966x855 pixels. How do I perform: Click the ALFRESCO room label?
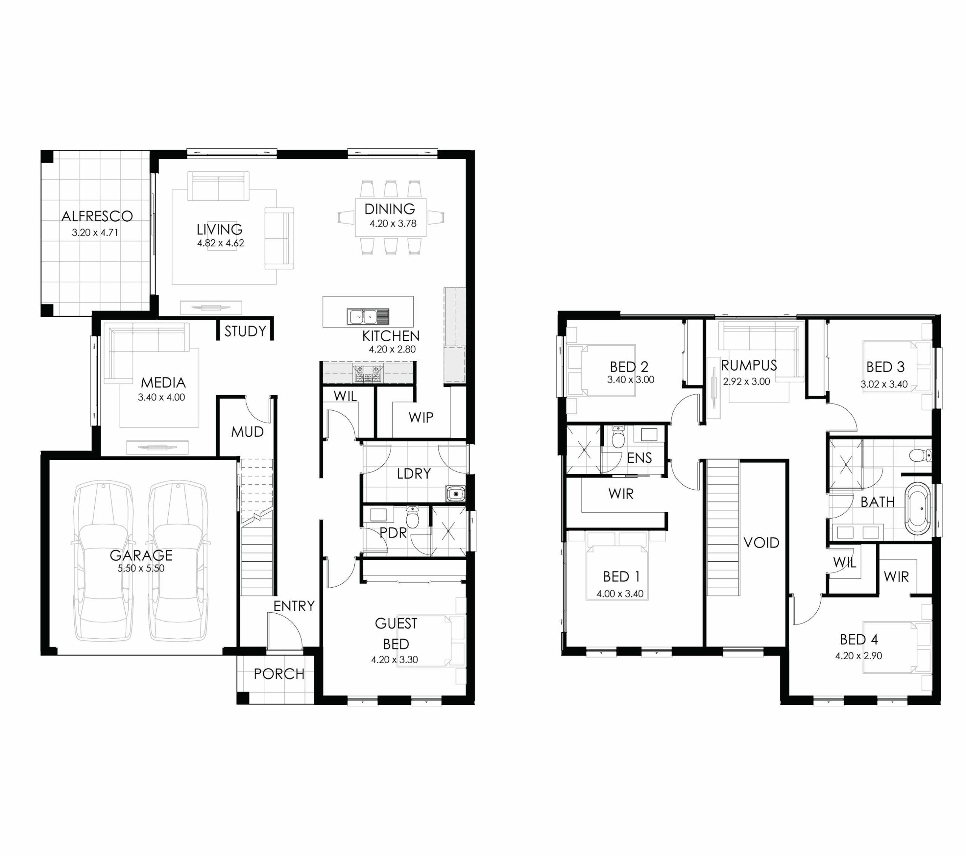coord(97,217)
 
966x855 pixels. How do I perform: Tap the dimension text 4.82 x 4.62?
coord(221,243)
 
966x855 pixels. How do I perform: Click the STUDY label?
coord(245,331)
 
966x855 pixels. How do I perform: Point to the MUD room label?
coord(247,432)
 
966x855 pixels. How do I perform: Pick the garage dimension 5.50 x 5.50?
coord(141,568)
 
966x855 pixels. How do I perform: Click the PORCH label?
coord(279,674)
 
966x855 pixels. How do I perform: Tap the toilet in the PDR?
coord(412,517)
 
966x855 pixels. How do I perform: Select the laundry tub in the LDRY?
coord(455,494)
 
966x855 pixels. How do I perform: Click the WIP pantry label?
coord(421,417)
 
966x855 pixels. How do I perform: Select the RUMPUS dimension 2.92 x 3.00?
coord(746,382)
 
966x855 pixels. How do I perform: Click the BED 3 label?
coord(885,367)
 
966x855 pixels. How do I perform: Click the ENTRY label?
coord(294,606)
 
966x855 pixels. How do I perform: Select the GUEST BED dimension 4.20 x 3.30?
coord(394,660)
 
